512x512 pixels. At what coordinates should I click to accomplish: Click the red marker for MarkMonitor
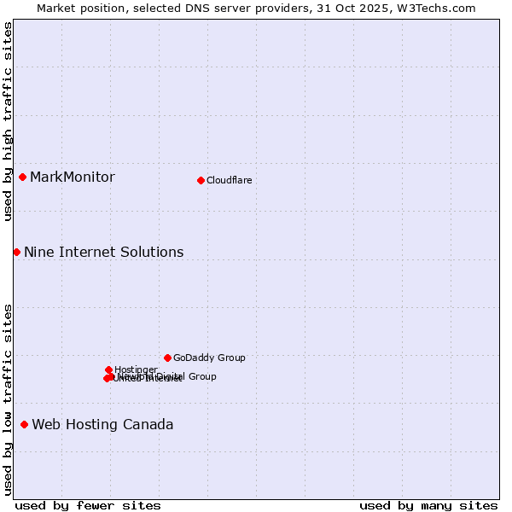click(23, 177)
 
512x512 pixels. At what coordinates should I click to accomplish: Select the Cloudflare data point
click(201, 180)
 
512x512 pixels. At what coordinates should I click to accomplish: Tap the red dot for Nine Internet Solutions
click(16, 252)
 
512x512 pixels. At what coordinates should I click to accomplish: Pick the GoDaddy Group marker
click(167, 358)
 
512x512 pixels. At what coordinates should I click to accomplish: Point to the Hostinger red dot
click(108, 369)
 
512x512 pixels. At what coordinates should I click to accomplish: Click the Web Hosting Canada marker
click(24, 424)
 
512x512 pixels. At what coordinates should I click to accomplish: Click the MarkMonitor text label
click(73, 177)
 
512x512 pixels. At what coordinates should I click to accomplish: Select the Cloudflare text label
click(230, 180)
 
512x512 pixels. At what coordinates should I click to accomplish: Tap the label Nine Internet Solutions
click(103, 252)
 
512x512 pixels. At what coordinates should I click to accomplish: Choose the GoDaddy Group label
click(209, 358)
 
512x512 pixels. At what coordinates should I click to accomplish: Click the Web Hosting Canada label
click(102, 424)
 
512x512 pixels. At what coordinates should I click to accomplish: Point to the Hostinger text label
click(137, 369)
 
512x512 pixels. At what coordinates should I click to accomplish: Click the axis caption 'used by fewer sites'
click(88, 505)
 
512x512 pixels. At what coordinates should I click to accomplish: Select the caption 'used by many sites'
click(428, 505)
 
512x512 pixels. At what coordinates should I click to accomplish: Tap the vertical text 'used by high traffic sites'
click(8, 122)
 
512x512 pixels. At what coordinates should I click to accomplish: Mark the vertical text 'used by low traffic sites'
click(8, 399)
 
